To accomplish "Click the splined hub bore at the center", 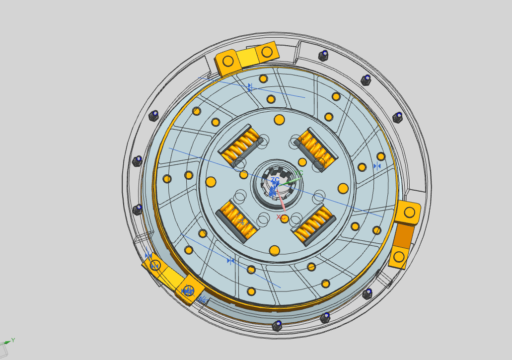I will pos(277,186).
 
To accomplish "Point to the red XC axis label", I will pos(281,217).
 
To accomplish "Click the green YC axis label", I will pos(298,174).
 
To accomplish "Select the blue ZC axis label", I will pos(275,180).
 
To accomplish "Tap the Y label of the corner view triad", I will pos(13,340).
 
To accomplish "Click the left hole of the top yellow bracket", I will pos(228,61).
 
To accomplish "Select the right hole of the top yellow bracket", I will pos(267,51).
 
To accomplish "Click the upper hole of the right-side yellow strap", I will pos(410,213).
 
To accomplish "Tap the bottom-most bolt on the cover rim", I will pos(277,325).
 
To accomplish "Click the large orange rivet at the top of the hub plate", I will pos(279,120).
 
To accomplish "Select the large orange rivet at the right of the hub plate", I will pos(343,188).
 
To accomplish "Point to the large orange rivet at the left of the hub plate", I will pos(211,181).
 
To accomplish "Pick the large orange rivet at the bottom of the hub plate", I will pos(274,250).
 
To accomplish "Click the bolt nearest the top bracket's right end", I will pos(323,55).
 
